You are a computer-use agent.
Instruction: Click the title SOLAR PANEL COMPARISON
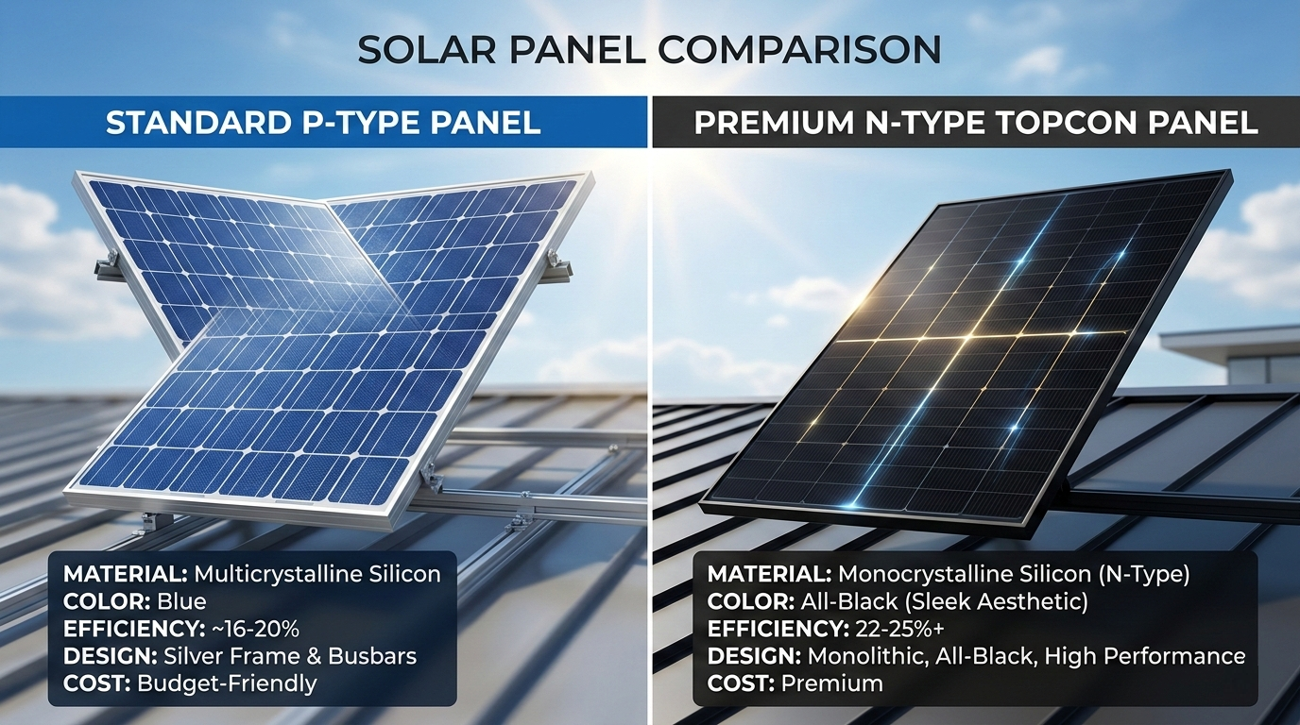649,50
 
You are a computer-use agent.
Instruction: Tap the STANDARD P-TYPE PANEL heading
323,123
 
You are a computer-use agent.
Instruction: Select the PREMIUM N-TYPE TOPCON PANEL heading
976,123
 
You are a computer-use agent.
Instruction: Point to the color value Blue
181,601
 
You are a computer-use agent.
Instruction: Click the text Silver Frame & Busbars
290,656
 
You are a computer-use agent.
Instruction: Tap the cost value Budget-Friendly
227,683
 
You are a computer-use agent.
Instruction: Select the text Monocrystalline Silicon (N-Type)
1014,574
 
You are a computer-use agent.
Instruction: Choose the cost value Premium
832,683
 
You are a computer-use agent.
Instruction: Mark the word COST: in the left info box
96,683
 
